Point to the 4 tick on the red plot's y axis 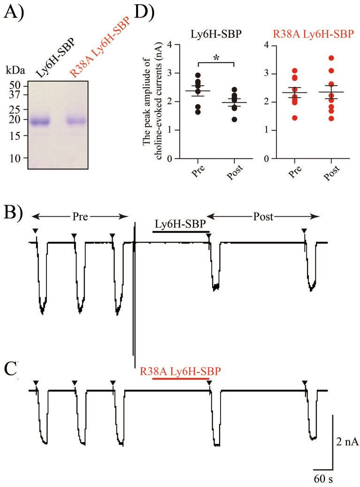point(269,46)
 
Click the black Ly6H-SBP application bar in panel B point(181,231)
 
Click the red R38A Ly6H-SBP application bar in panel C point(181,377)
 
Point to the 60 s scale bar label point(323,479)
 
